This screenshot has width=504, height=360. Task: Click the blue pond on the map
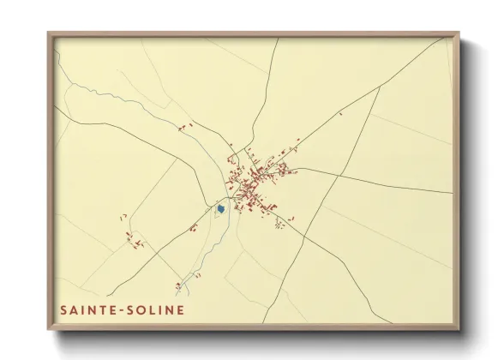coord(221,208)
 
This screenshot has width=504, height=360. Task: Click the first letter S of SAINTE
coord(63,308)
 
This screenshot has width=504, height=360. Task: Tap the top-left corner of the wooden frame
coord(48,33)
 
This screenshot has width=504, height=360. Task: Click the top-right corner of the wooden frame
coord(459,33)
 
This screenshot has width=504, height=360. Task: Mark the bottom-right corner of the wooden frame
coord(459,330)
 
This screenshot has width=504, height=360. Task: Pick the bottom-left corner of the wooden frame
coord(48,330)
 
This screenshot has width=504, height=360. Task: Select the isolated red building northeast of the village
coord(341,112)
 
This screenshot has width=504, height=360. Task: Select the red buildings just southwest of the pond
coord(194,228)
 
